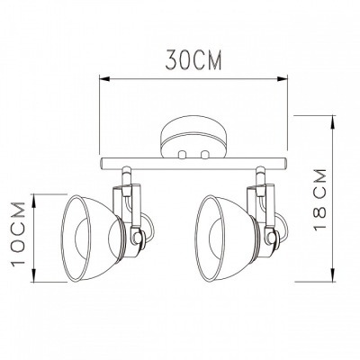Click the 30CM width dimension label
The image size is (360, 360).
pos(193,60)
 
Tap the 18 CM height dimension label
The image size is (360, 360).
pos(319,199)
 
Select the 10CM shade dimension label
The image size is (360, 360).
pos(19,234)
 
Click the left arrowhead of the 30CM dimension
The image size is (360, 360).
pos(103,79)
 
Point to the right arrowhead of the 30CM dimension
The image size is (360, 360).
pos(283,79)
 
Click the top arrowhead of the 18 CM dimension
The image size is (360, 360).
pos(333,121)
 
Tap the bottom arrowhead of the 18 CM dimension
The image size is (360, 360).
pos(333,276)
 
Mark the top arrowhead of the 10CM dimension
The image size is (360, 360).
pos(34,199)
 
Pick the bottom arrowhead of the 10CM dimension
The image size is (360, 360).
pos(34,276)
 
